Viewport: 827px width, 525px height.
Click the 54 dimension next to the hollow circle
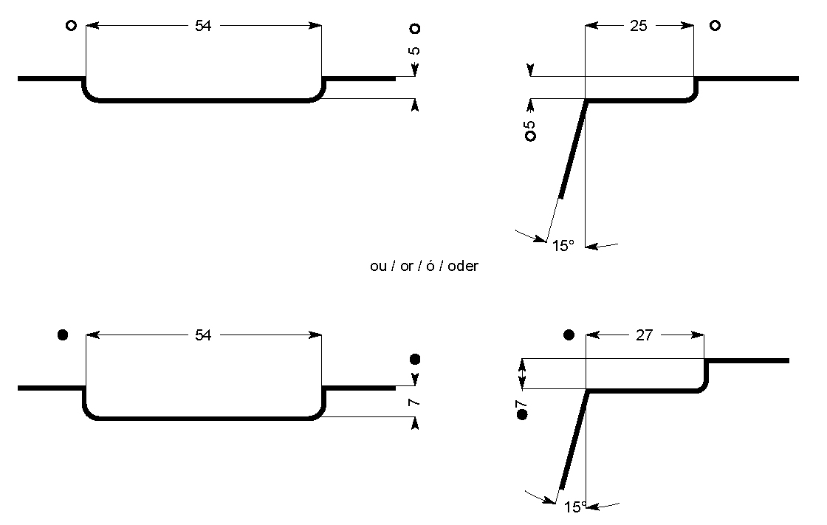(203, 25)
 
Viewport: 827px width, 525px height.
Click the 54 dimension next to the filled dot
(203, 335)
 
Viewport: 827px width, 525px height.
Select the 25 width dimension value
(639, 25)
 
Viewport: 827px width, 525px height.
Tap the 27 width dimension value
(645, 335)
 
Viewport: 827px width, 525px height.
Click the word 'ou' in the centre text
(378, 267)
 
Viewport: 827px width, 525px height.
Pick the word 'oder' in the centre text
(463, 266)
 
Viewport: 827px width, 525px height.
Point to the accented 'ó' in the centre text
(430, 265)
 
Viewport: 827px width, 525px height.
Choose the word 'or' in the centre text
(406, 267)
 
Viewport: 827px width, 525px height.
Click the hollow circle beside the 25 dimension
(715, 25)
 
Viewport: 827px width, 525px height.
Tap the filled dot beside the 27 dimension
(569, 334)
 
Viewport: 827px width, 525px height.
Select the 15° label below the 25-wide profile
(563, 246)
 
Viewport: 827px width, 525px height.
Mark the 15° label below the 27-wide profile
(575, 507)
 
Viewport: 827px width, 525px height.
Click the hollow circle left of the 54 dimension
(71, 25)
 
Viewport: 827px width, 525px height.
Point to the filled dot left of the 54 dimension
(62, 334)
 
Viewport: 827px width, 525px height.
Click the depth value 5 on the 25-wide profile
(530, 125)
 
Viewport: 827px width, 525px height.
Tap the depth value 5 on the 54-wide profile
(414, 51)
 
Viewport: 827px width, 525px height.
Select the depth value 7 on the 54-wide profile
(414, 402)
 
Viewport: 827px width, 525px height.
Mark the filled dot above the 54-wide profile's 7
(415, 360)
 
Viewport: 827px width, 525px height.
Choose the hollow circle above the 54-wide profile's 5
(415, 29)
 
